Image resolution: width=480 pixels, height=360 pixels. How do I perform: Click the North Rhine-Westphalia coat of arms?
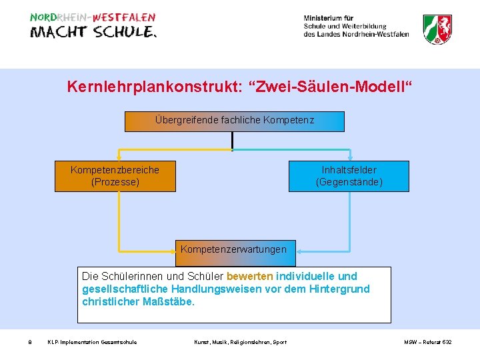pos(437,29)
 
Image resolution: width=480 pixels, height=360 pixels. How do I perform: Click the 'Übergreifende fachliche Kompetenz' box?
pos(235,121)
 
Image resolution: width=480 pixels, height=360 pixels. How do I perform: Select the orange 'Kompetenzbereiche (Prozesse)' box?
pos(115,176)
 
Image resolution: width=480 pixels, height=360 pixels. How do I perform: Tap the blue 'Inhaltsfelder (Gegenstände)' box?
pos(349,176)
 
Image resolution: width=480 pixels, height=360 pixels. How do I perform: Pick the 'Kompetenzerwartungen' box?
pos(233,249)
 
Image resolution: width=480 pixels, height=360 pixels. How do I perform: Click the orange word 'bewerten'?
pos(250,276)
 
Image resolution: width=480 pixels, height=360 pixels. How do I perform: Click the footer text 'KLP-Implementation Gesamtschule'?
pos(92,342)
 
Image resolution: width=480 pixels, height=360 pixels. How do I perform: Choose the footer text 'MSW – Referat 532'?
pos(427,342)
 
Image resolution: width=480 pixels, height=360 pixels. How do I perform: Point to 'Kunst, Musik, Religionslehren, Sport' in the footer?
pos(240,342)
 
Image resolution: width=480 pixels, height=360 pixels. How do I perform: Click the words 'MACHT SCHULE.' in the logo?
pos(93,33)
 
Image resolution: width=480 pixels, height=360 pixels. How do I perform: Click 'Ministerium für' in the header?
pos(329,18)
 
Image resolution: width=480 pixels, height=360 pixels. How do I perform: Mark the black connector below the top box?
pos(232,139)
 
